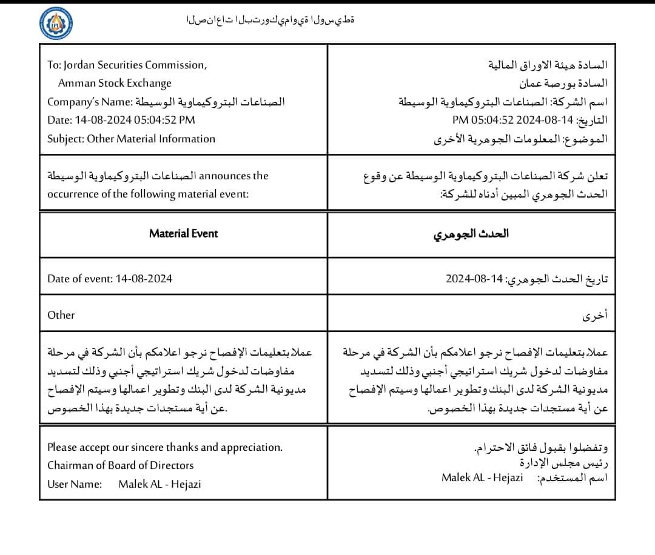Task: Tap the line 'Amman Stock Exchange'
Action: (x=115, y=83)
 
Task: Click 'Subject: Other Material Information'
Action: (x=131, y=138)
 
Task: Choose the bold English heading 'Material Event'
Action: (x=183, y=233)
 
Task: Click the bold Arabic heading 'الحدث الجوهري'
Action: (x=471, y=234)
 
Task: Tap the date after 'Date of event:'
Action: (x=143, y=279)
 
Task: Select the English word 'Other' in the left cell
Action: (x=61, y=315)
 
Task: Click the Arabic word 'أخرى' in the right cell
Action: (x=594, y=316)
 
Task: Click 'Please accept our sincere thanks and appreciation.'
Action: (x=165, y=447)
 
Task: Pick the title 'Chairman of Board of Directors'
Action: (x=121, y=465)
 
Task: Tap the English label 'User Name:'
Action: (x=74, y=484)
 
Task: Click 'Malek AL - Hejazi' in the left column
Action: (x=160, y=484)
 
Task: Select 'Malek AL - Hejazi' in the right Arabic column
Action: (x=482, y=477)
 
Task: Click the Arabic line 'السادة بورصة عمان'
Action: (x=563, y=83)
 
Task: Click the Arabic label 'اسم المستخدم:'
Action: (x=573, y=478)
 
